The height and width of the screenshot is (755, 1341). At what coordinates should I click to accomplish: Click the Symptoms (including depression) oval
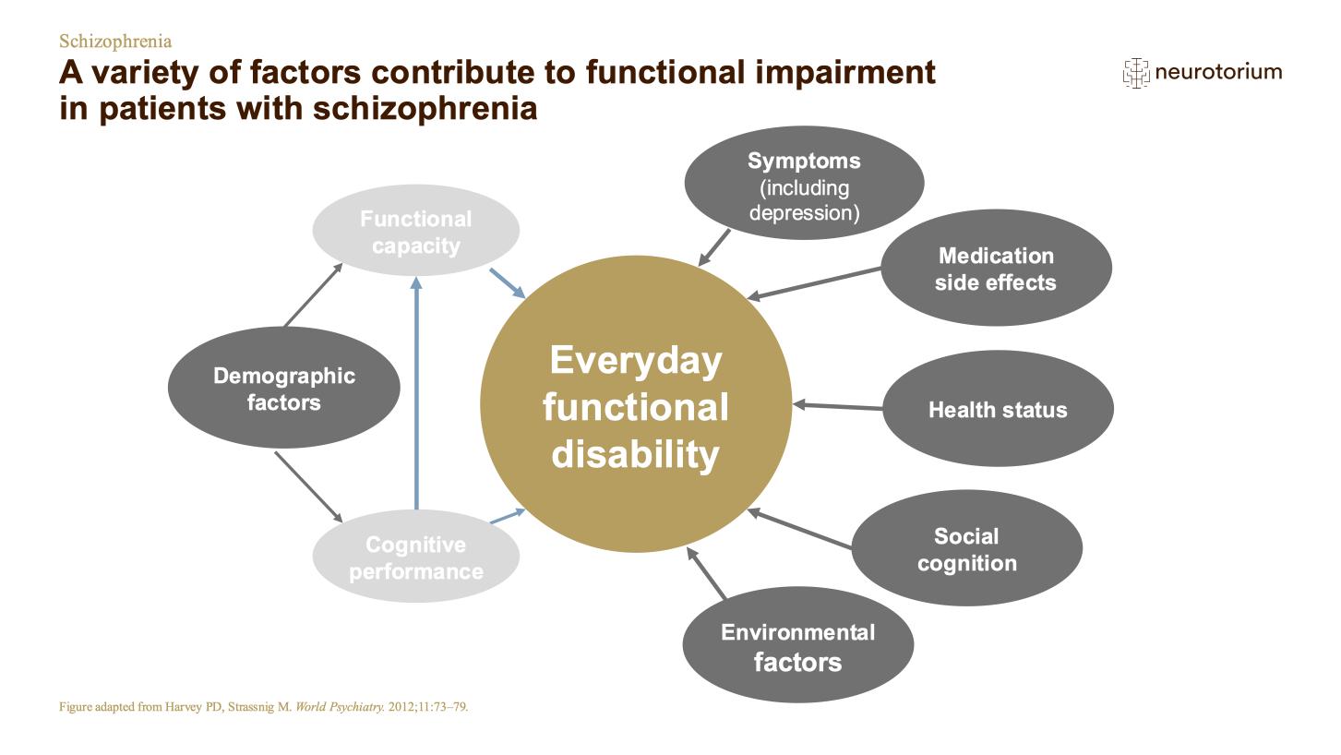click(x=804, y=183)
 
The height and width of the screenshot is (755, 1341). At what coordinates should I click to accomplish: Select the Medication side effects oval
click(x=996, y=268)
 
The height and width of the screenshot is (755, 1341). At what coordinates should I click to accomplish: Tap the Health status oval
click(x=998, y=408)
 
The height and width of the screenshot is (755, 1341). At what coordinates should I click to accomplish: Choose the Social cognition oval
click(x=967, y=548)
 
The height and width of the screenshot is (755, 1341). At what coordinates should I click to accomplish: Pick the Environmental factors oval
click(x=798, y=644)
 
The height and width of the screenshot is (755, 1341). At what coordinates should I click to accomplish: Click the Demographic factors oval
click(x=283, y=388)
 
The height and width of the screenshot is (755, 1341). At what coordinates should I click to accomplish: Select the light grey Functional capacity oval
click(x=416, y=231)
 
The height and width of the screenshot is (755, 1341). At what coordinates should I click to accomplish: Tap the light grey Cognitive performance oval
click(x=416, y=557)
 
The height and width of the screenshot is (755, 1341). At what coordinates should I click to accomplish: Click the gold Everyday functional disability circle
click(x=636, y=404)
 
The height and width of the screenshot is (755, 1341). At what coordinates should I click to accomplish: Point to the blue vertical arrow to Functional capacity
click(x=416, y=393)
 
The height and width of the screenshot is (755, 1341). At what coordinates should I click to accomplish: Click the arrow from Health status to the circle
click(x=837, y=406)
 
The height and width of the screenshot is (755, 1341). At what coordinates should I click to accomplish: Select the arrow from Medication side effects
click(x=814, y=283)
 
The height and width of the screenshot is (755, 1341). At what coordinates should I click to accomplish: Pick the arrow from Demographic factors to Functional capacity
click(x=313, y=295)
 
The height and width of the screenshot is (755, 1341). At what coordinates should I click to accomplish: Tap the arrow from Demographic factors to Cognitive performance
click(x=308, y=487)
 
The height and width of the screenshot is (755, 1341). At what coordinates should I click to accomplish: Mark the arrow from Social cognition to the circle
click(x=799, y=528)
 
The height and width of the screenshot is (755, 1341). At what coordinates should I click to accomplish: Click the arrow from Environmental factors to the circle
click(x=706, y=573)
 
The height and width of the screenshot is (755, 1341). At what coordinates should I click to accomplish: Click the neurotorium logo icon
click(x=1136, y=73)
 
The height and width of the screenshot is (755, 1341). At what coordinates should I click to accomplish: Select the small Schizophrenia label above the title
click(x=115, y=42)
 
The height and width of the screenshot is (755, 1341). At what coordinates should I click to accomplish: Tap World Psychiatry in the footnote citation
click(x=340, y=706)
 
